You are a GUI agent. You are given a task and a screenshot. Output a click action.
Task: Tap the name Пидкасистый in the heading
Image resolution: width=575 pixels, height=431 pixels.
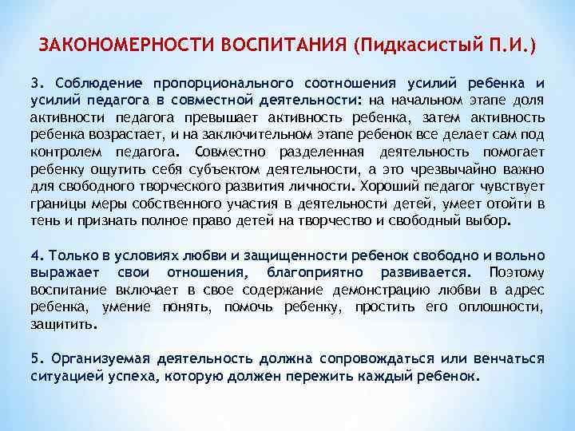click(408, 43)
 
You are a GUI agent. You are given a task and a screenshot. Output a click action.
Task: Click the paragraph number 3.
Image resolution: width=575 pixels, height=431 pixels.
click(35, 83)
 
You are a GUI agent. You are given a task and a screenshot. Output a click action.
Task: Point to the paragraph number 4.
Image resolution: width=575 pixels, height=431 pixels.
click(35, 255)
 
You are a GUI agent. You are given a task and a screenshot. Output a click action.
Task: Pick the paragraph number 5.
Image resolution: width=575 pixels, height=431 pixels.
click(35, 358)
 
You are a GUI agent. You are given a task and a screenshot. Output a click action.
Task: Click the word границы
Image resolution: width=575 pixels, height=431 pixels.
click(58, 204)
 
